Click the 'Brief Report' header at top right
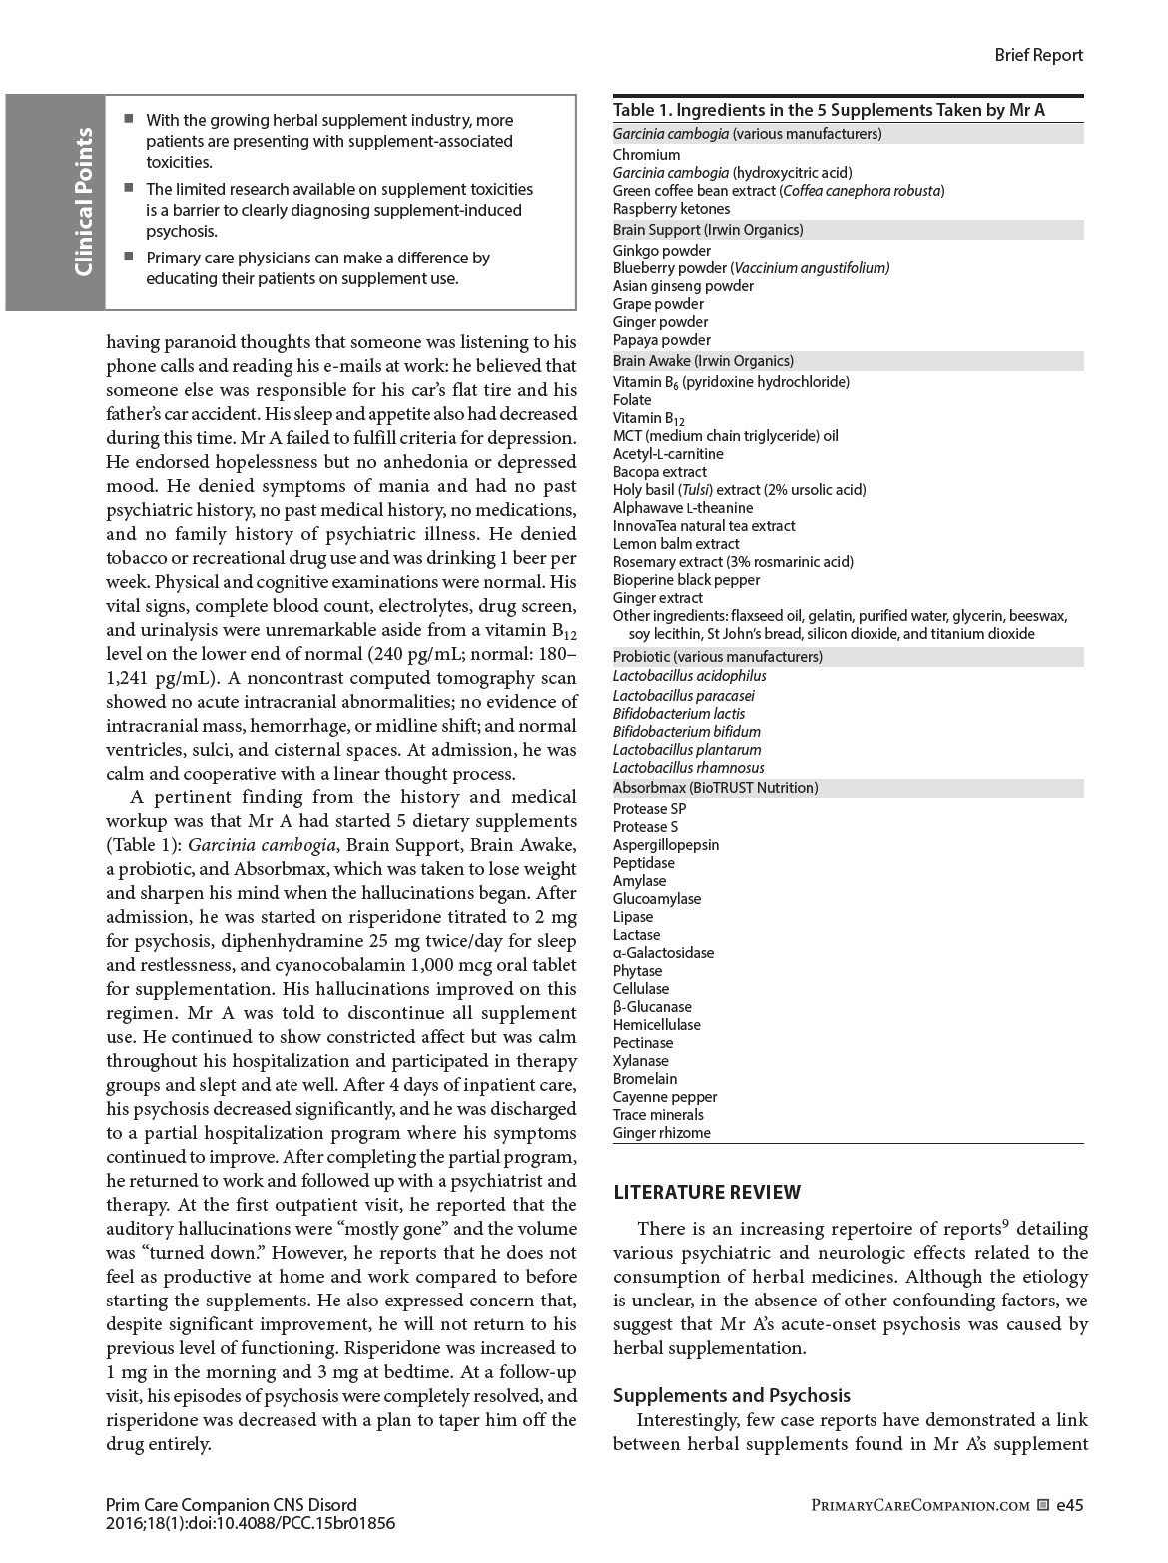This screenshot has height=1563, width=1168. point(1038,55)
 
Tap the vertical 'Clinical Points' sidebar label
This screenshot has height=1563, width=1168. point(84,203)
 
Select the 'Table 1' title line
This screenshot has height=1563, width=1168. point(829,110)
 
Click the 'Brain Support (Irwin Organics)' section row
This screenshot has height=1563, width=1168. point(708,230)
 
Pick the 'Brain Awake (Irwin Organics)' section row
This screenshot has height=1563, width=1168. point(703,361)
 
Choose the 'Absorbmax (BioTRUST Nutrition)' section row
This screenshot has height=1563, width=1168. point(715,788)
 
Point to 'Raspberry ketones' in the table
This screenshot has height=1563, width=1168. point(671,209)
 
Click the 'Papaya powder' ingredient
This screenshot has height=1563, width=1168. point(661,340)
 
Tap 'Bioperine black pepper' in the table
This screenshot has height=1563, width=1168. point(686,580)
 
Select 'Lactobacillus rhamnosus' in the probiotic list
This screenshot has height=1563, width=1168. point(688,768)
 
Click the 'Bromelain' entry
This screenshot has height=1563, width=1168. point(645,1079)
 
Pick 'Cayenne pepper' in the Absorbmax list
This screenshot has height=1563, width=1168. point(664,1097)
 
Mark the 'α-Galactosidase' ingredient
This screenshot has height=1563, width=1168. point(663,953)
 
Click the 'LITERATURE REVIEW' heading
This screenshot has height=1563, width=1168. point(707,1192)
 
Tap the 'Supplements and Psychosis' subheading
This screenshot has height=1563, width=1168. point(731,1395)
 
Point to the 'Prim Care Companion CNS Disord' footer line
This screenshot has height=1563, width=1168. point(231,1505)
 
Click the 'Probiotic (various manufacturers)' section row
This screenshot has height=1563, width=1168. point(717,657)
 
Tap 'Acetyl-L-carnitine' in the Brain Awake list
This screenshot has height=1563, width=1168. point(668,454)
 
